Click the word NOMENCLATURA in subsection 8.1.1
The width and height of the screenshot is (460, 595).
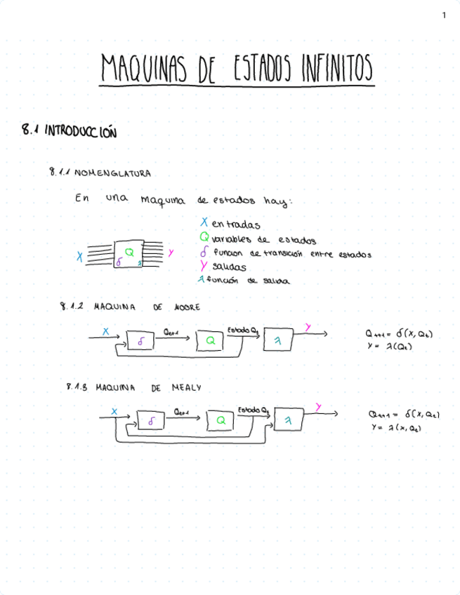pyautogui.click(x=112, y=172)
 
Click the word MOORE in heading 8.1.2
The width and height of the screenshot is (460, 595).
pyautogui.click(x=187, y=307)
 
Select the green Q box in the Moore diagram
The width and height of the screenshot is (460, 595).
pyautogui.click(x=209, y=340)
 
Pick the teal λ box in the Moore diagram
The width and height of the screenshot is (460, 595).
pyautogui.click(x=277, y=340)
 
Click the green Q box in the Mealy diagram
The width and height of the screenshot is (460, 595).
pyautogui.click(x=221, y=420)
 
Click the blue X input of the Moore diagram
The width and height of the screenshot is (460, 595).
pyautogui.click(x=106, y=330)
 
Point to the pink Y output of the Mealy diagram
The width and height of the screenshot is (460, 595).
pyautogui.click(x=319, y=407)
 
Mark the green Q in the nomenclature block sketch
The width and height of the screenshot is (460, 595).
pyautogui.click(x=129, y=251)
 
